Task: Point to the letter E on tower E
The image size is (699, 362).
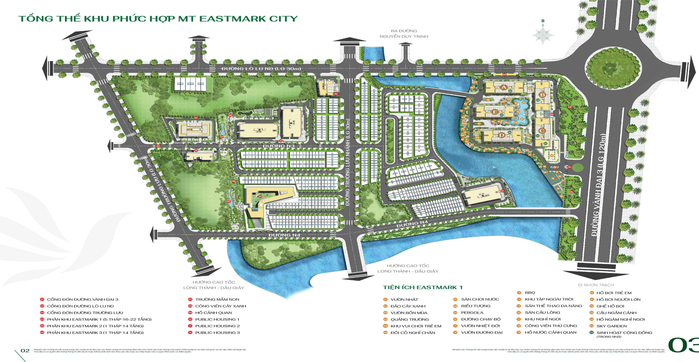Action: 495,112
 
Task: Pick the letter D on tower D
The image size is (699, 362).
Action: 501,135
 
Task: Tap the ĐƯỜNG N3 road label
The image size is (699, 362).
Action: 279,146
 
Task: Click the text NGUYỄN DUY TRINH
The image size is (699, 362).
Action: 404,36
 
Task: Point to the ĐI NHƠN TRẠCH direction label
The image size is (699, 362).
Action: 596,285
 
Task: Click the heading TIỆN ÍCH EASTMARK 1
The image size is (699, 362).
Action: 422,287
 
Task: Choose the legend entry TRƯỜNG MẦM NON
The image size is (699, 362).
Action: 217,299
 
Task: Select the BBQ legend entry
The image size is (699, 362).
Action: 530,293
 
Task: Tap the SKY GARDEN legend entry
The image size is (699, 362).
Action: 611,326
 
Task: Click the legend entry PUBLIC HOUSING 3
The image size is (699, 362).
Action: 217,333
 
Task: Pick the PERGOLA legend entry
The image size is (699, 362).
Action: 472,313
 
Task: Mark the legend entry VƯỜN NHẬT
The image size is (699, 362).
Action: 404,299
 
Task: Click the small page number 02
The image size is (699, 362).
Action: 25,351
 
